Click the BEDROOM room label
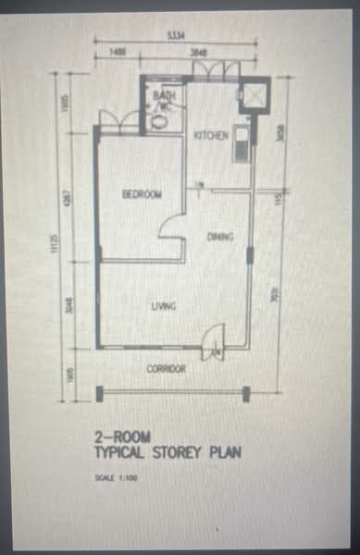[x=142, y=193]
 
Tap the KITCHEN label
[x=211, y=136]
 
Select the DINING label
[x=220, y=237]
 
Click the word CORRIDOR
[x=167, y=368]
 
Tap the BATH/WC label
[x=166, y=99]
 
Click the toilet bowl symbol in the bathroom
[x=158, y=119]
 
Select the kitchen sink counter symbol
[x=241, y=143]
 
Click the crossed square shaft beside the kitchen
[x=251, y=96]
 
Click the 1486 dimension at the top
[x=117, y=54]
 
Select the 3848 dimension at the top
[x=198, y=54]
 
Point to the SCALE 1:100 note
[x=117, y=478]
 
